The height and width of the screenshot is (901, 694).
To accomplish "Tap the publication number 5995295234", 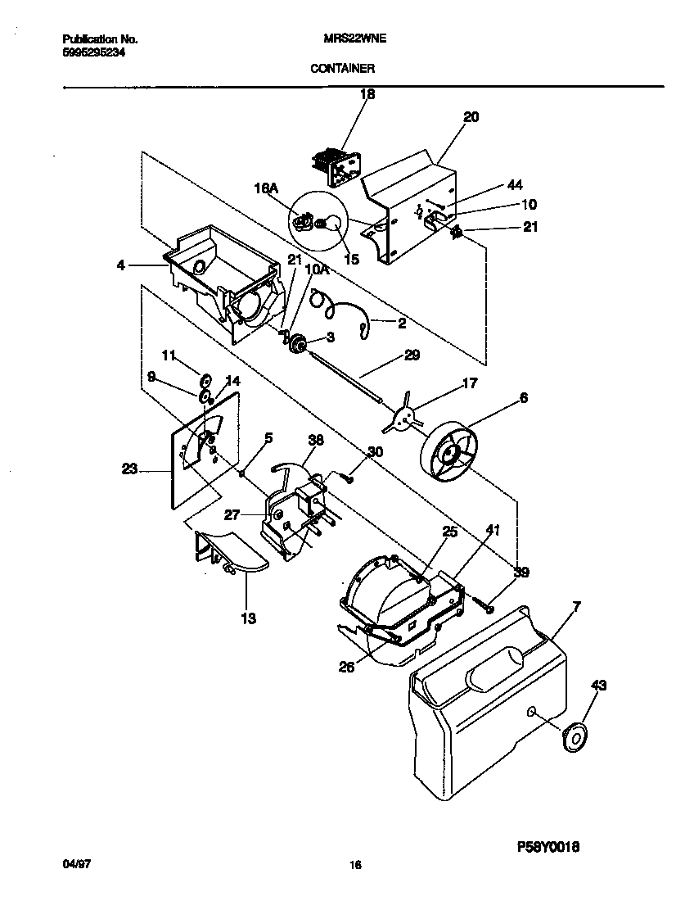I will tap(94, 52).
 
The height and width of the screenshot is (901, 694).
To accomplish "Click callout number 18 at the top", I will tap(367, 94).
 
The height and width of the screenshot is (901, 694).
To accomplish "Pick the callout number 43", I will tap(598, 686).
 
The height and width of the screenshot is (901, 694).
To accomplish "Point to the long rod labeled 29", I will tap(344, 375).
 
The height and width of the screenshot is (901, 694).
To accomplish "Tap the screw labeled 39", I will tap(485, 606).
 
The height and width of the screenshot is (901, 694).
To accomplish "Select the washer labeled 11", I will tap(205, 378).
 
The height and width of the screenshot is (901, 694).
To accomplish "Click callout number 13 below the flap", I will tap(247, 618).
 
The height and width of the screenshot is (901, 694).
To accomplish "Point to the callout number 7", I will tap(576, 607).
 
